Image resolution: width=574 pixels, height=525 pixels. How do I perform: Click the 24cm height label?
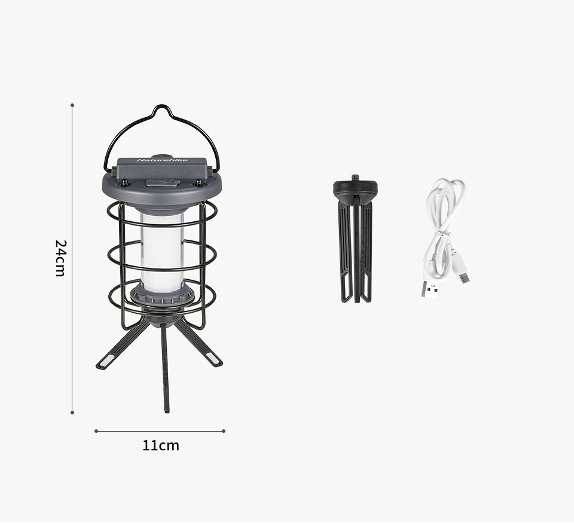[60, 258]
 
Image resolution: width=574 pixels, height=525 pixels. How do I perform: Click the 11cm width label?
[161, 445]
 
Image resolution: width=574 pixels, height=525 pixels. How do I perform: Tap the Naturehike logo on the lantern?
[162, 160]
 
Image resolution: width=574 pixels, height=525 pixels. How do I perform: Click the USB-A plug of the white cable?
[430, 289]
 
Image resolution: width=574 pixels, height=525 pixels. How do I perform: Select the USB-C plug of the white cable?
[464, 277]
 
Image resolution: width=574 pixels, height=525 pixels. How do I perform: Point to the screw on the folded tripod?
[355, 178]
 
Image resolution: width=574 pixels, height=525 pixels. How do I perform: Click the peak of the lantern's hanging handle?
[161, 106]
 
